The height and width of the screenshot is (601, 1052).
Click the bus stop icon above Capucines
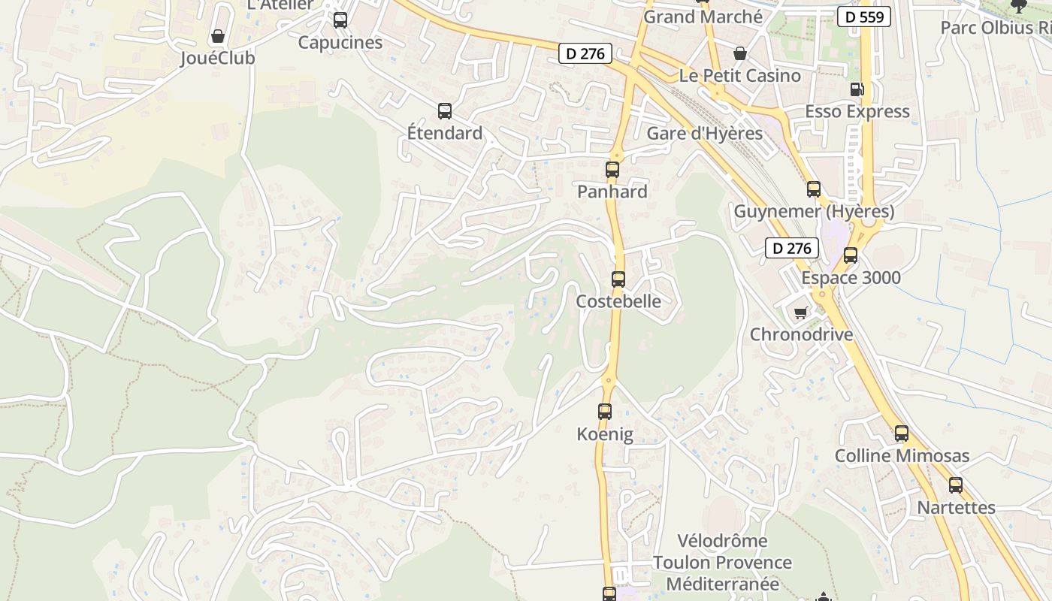point(340,20)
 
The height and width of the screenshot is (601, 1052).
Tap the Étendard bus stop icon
point(445,111)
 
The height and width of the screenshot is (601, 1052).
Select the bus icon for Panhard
point(612,170)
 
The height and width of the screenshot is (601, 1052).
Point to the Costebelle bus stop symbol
point(618,279)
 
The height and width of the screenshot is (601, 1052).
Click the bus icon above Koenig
point(605,412)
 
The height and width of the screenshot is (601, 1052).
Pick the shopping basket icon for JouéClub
point(218,36)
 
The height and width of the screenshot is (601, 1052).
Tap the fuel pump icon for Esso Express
point(857,89)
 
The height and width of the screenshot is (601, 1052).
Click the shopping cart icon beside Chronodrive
point(801,313)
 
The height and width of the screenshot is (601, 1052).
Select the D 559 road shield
point(864,17)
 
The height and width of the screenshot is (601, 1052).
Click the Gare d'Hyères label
point(704,134)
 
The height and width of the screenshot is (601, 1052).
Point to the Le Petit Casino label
point(739,76)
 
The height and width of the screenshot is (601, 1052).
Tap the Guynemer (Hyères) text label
point(814,212)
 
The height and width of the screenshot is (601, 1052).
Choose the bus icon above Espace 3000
point(851,255)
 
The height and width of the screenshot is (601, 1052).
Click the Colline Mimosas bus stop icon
point(902,433)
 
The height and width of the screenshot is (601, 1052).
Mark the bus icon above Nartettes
point(956,485)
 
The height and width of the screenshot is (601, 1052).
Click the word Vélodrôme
point(722,541)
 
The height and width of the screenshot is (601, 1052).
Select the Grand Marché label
point(703,17)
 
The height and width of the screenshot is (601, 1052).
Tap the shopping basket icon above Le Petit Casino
point(740,53)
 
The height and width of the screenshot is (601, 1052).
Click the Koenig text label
point(605,434)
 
